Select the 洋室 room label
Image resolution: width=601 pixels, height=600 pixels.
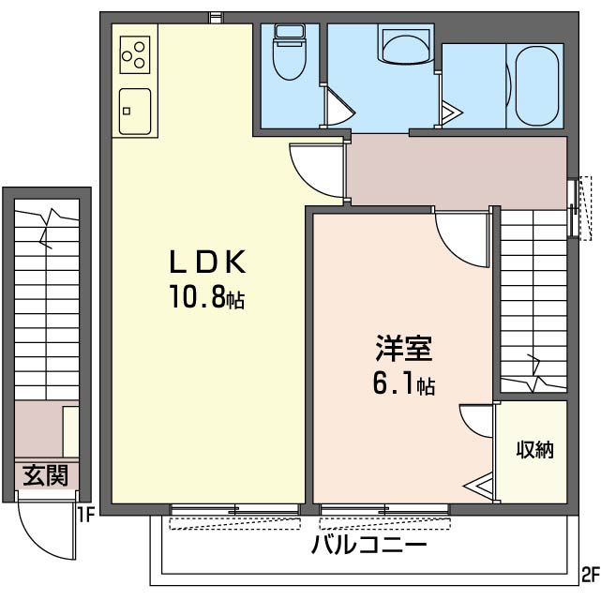coord(403,349)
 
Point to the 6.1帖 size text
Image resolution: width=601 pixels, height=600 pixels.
coord(404,383)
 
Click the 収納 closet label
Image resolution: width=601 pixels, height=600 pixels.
coord(534,450)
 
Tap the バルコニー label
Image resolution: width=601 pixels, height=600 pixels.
coord(369,546)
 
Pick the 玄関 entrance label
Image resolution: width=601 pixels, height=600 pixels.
coord(44,475)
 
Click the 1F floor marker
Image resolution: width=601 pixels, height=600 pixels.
coord(86,514)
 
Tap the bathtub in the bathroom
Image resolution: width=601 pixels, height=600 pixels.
coord(536,86)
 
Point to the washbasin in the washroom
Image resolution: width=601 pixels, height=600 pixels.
coord(403,44)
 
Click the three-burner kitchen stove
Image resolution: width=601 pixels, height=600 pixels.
coord(135,54)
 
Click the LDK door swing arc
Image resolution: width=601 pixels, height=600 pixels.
coord(311,167)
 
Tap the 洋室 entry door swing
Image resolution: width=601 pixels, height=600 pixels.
coord(459,236)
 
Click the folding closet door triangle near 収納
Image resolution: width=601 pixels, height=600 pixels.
coord(482,486)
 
